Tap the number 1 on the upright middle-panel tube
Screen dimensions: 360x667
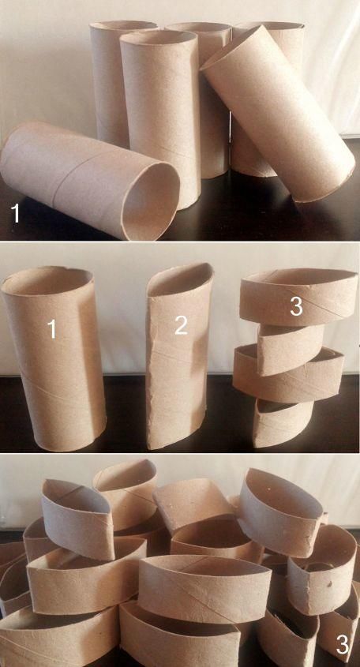coord(52,329)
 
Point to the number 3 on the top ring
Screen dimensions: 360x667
coord(297,306)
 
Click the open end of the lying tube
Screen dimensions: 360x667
coord(150,200)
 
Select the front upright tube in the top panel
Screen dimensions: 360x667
coord(161,119)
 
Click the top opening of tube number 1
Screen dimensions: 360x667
coord(47,281)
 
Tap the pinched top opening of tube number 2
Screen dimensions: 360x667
coord(180,279)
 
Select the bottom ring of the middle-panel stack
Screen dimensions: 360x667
coord(283,423)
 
